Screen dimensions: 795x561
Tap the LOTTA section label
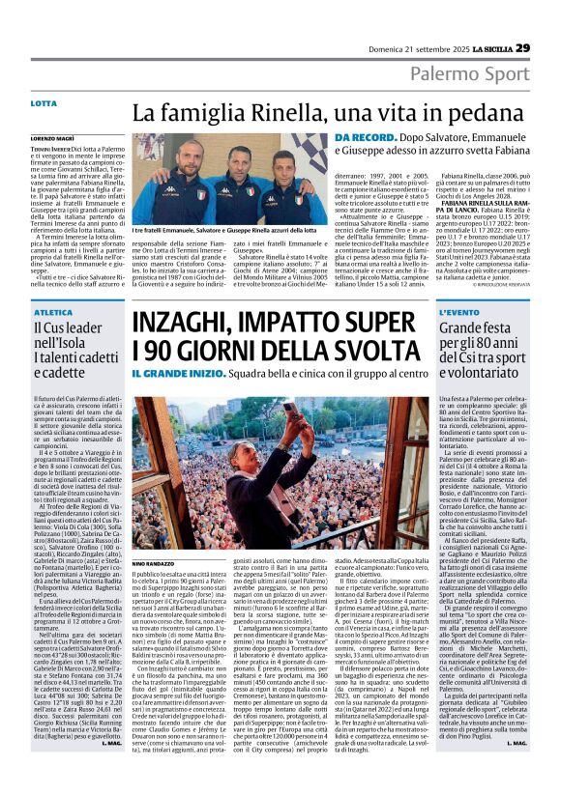point(44,102)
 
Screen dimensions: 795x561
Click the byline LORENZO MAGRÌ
point(53,141)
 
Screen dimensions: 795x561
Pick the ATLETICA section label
point(48,313)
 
